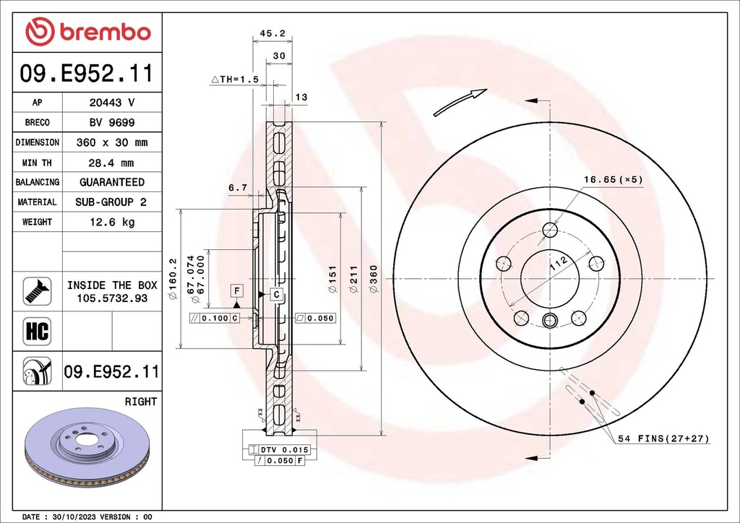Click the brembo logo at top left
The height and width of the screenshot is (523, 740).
87,32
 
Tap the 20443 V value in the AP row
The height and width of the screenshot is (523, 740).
112,103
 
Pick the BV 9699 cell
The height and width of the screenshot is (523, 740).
112,123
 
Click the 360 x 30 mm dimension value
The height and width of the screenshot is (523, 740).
112,143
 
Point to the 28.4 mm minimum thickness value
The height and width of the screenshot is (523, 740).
112,163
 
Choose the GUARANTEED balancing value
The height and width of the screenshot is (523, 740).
112,182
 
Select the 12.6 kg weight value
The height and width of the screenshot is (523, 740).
112,222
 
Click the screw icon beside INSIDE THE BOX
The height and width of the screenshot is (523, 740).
37,291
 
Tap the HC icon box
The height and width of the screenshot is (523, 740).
37,332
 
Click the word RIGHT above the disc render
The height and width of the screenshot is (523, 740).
141,401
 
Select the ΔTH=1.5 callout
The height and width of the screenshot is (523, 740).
235,79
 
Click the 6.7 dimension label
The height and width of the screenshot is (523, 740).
238,188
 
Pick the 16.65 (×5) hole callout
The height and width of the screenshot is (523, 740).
613,179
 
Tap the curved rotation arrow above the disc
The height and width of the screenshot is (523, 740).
460,102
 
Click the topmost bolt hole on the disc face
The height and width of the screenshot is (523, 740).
550,230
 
